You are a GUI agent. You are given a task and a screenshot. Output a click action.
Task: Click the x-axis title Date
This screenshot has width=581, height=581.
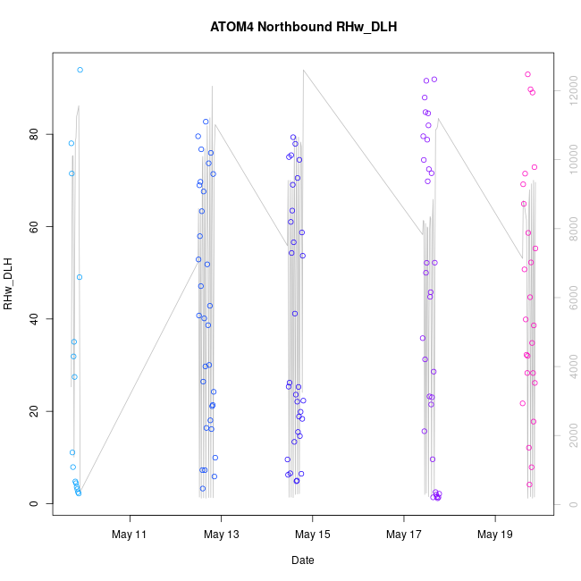[x=302, y=560]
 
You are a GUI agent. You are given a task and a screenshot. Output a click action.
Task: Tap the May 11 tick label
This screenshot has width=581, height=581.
[x=131, y=535]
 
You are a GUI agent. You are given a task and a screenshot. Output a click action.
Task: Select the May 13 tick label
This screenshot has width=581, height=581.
[x=222, y=535]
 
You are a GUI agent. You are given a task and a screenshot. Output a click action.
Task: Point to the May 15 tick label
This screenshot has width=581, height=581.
[x=313, y=535]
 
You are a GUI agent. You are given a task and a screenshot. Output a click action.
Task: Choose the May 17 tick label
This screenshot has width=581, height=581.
[x=404, y=535]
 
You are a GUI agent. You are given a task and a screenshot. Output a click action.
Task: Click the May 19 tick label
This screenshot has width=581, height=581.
[x=495, y=535]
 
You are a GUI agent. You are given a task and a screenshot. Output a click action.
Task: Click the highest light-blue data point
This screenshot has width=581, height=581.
[x=80, y=70]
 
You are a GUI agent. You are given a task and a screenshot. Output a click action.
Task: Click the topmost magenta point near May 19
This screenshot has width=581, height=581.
[x=527, y=74]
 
